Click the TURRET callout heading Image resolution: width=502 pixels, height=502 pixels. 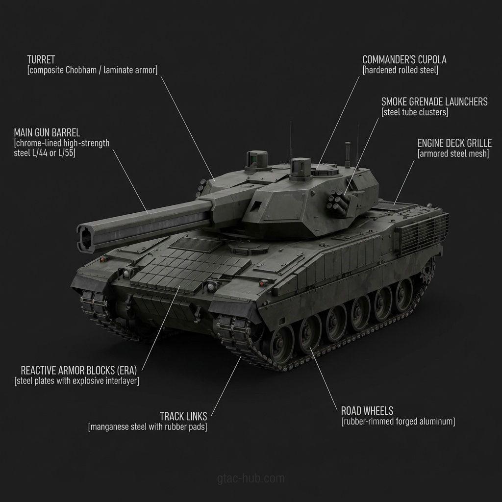pyautogui.click(x=41, y=59)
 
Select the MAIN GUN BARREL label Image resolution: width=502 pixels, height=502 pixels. pyautogui.click(x=47, y=132)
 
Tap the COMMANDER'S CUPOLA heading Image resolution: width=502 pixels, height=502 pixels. pyautogui.click(x=404, y=59)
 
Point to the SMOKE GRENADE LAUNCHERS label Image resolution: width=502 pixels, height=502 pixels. pyautogui.click(x=434, y=102)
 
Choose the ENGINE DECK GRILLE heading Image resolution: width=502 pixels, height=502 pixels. pyautogui.click(x=454, y=143)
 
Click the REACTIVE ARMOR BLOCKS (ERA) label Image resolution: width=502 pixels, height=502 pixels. pyautogui.click(x=79, y=371)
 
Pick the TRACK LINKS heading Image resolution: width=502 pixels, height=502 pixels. pyautogui.click(x=183, y=416)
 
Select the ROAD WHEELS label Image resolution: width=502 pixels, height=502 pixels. pyautogui.click(x=367, y=411)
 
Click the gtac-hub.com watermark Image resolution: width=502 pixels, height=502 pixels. pyautogui.click(x=251, y=478)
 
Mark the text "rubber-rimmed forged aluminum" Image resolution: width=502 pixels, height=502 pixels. pyautogui.click(x=398, y=421)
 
